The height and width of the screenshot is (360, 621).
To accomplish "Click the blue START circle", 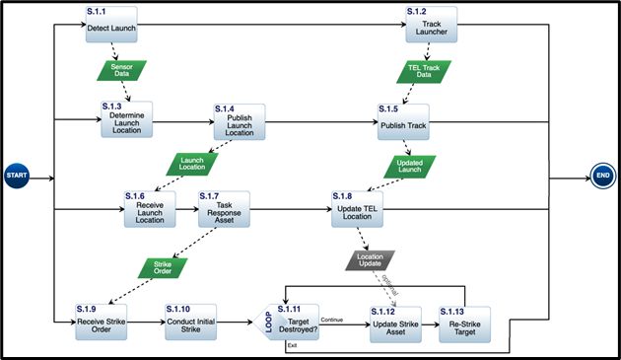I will [x=17, y=176].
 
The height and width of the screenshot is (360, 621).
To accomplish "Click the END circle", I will [x=602, y=176].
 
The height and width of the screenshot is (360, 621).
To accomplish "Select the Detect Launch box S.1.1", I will [x=110, y=25].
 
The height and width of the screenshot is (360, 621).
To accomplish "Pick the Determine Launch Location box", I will [x=127, y=119].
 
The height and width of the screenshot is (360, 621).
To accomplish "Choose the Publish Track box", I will [x=405, y=122].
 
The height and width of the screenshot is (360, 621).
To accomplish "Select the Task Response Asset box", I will [x=224, y=210].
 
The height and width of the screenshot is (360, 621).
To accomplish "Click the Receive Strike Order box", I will [x=103, y=324].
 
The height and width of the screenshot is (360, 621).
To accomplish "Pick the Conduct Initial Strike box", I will [x=190, y=324].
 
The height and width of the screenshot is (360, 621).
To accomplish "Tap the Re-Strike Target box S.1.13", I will [x=463, y=324].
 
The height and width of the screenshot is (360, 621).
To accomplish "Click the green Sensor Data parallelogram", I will [x=121, y=71].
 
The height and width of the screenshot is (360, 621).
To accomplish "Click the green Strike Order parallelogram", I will [x=163, y=265].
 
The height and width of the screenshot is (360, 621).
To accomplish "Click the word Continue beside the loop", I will [x=332, y=319].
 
